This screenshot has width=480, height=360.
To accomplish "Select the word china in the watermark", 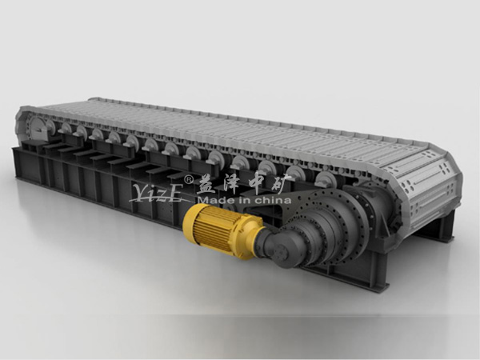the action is coord(273,201).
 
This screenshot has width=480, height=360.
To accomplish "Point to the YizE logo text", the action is coord(158,193).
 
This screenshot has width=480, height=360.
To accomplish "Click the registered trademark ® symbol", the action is coord(188,178).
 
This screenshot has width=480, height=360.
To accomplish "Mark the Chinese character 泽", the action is coord(231,185).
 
